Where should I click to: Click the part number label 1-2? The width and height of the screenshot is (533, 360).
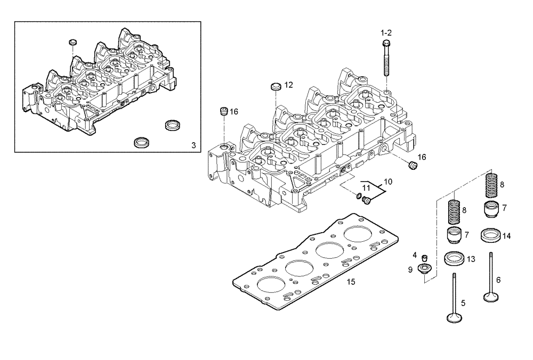[x=386, y=32]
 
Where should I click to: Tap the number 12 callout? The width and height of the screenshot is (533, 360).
[x=288, y=85]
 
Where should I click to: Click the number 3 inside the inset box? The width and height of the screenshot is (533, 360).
[x=193, y=145]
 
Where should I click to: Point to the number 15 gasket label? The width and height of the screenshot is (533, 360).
[x=350, y=282]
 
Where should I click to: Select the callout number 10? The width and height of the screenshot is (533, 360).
[x=388, y=182]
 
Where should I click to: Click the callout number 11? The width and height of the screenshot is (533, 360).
[x=366, y=188]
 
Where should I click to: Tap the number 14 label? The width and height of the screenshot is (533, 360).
[x=506, y=235]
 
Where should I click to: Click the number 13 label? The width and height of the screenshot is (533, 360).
[x=471, y=259]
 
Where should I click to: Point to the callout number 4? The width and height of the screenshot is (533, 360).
[x=414, y=256]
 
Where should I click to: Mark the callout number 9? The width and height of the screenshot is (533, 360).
[x=410, y=270]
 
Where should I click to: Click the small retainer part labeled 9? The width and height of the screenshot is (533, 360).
[x=425, y=268]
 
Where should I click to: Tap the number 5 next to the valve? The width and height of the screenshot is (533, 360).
[x=463, y=303]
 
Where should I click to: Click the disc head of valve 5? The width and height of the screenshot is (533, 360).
[x=454, y=318]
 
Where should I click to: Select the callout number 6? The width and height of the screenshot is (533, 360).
[x=498, y=280]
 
